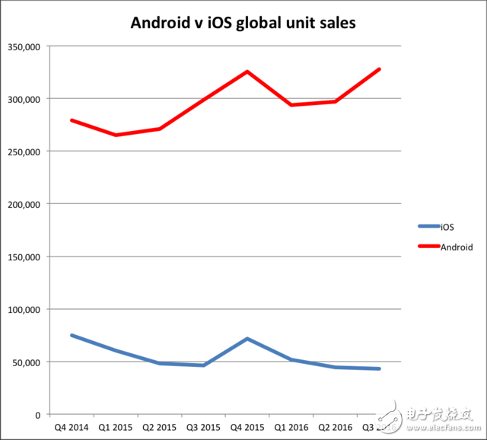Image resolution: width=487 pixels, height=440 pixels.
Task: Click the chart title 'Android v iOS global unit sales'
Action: pyautogui.click(x=243, y=23)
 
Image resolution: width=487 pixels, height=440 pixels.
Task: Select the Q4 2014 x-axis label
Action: pyautogui.click(x=71, y=428)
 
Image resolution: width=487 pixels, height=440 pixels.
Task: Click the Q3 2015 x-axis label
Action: pyautogui.click(x=203, y=428)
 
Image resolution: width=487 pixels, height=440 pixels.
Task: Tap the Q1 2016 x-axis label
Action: pyautogui.click(x=291, y=428)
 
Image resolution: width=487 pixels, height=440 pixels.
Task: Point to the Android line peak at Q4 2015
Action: pyautogui.click(x=247, y=72)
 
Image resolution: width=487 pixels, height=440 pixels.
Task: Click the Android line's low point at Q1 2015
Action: pyautogui.click(x=116, y=135)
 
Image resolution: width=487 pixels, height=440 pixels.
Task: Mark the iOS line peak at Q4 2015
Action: pyautogui.click(x=247, y=339)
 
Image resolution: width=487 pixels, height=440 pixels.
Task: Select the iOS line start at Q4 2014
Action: pyautogui.click(x=72, y=335)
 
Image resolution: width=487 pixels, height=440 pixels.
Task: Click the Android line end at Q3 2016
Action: pyautogui.click(x=379, y=69)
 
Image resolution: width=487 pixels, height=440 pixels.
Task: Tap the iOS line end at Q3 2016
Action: pyautogui.click(x=379, y=369)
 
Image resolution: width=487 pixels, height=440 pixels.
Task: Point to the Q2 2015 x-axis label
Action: pyautogui.click(x=159, y=428)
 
